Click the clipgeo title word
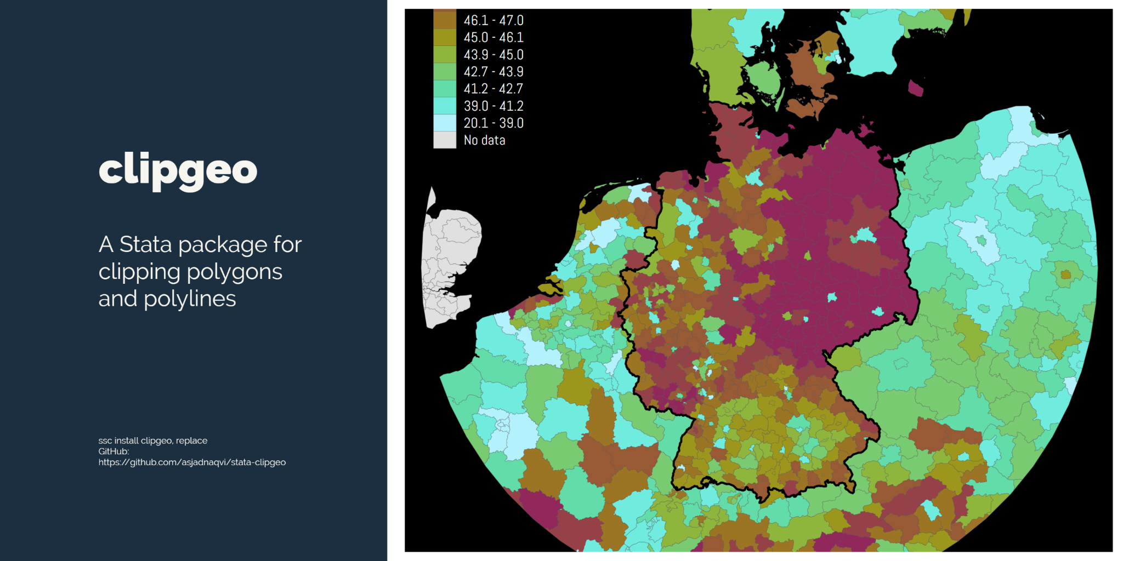point(178,170)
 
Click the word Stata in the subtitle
point(146,244)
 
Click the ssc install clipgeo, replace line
point(152,440)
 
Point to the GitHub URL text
point(192,462)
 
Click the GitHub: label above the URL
point(114,451)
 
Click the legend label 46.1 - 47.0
point(494,20)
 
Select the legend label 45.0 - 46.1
point(494,37)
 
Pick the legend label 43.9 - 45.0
point(494,55)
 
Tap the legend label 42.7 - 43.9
point(494,72)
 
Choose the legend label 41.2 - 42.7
point(494,89)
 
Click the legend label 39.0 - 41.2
point(494,106)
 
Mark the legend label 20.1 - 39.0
point(494,123)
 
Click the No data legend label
point(484,140)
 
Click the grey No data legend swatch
point(444,140)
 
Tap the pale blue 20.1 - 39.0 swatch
point(444,123)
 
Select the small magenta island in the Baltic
point(915,88)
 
